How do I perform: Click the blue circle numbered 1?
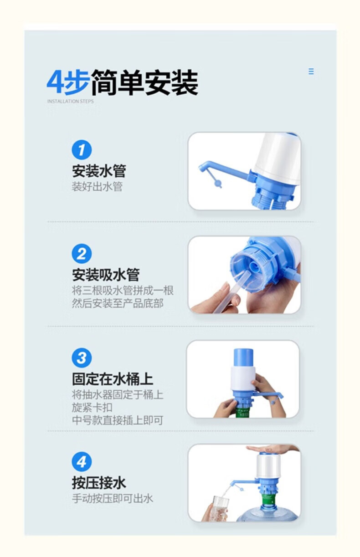coord(82,150)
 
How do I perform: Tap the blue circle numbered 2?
coord(82,254)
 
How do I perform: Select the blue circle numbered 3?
coord(82,358)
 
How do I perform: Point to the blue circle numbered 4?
coord(82,462)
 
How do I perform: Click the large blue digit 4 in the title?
coord(55,82)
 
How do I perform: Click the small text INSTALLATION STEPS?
coord(71,101)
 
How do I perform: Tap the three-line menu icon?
coord(311,72)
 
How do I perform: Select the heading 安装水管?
coord(99,171)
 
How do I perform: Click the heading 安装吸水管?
coord(106,275)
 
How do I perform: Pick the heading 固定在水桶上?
coord(113,379)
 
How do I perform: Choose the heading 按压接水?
coord(99,483)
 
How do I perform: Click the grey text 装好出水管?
coord(97,186)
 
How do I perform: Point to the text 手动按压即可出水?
coord(113,499)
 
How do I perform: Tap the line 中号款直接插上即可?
coord(118,420)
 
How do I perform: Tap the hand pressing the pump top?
coord(273,449)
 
